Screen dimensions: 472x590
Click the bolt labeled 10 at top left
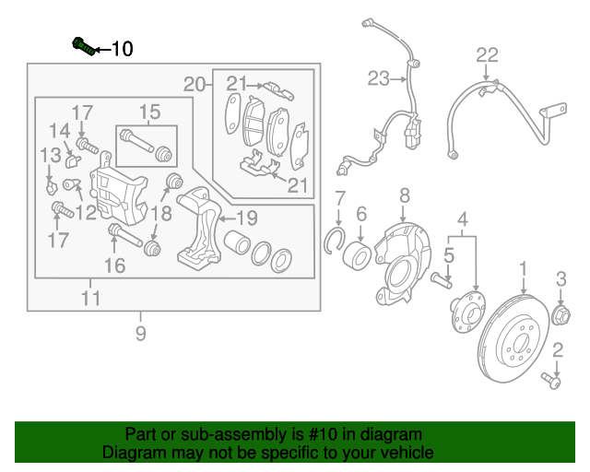pos(81,45)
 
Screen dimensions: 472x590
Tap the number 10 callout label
pos(122,48)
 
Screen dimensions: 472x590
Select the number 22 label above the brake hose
pos(487,55)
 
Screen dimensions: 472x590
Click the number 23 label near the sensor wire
pos(379,80)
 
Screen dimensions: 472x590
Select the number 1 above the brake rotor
pos(523,270)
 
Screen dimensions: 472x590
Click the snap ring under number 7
pos(338,242)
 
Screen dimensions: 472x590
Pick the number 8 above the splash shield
pos(404,195)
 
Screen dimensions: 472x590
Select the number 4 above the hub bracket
pos(463,218)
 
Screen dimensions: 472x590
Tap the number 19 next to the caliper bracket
pos(246,218)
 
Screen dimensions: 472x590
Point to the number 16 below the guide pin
pos(113,266)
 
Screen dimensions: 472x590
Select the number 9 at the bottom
pos(140,334)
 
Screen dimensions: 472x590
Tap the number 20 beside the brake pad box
pos(193,85)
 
